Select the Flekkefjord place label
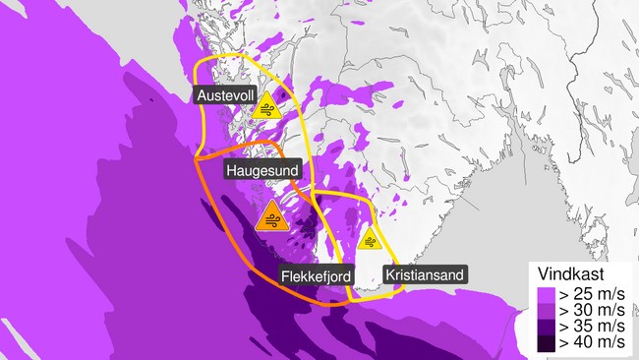pos(316,275)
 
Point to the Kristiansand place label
pos(423,274)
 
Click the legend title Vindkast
pos(575,273)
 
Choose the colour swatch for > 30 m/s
pos(545,309)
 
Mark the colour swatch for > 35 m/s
pos(545,326)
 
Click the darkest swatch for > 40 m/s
pos(545,342)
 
